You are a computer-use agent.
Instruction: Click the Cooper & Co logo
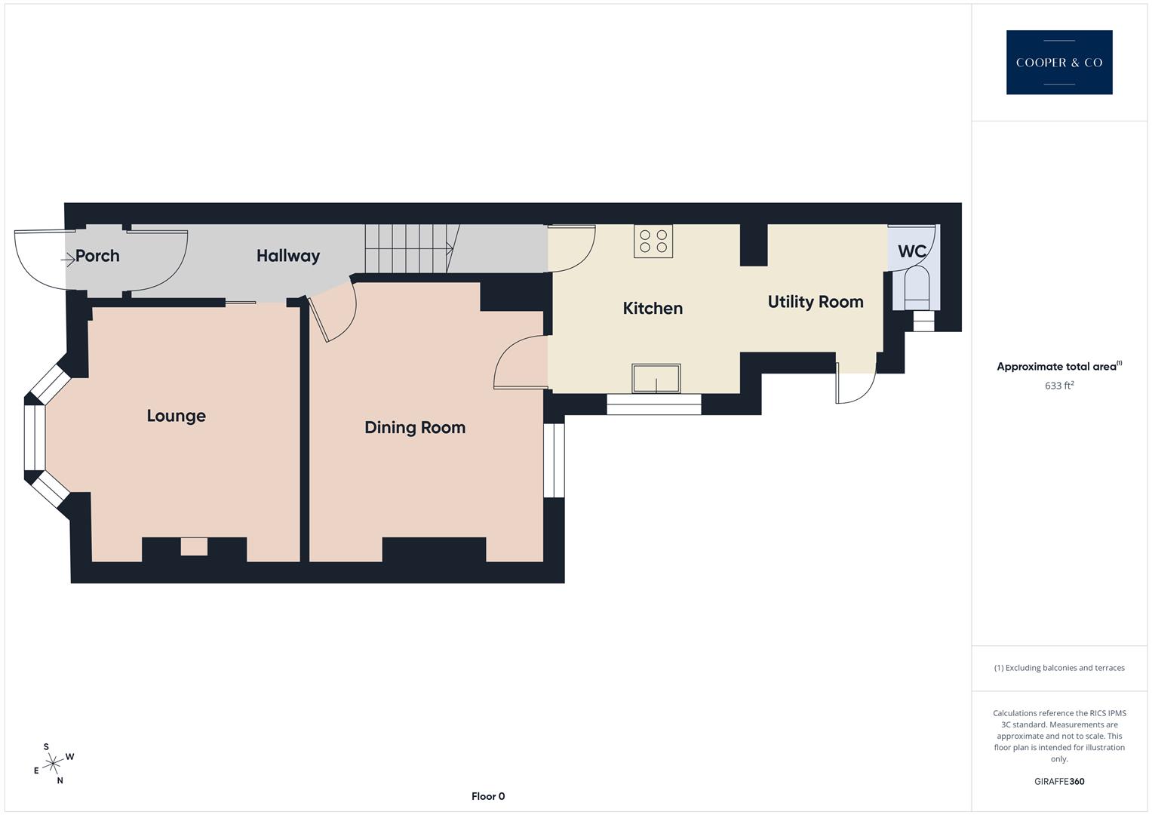1058,63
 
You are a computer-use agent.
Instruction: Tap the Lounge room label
176,416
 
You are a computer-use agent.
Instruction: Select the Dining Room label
415,427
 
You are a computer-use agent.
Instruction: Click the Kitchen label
653,308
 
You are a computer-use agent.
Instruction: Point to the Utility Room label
816,302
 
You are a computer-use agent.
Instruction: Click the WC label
911,251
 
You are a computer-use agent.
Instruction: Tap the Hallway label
288,256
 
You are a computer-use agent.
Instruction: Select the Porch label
97,256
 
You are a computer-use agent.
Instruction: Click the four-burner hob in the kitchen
653,241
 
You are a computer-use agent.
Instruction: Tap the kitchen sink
656,378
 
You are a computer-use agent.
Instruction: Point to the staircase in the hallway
408,248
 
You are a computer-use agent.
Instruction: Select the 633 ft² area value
1059,386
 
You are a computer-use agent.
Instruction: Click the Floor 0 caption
488,796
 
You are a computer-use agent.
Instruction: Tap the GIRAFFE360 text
1059,781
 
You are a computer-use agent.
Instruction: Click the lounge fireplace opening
194,546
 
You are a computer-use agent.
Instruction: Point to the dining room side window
554,460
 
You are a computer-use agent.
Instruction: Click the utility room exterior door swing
856,383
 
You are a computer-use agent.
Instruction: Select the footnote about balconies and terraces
1059,668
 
